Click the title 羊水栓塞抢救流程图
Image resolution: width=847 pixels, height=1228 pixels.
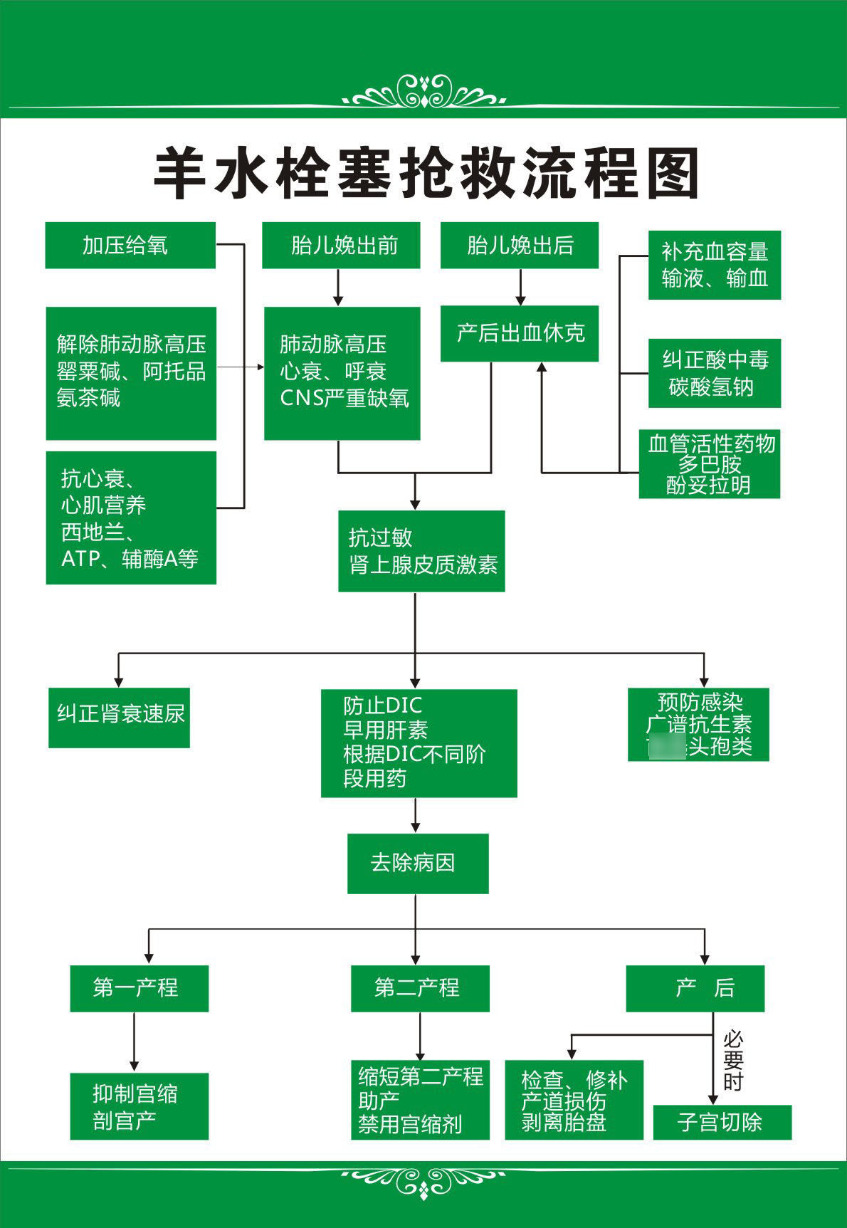pos(426,174)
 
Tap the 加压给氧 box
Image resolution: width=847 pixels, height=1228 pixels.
pos(130,246)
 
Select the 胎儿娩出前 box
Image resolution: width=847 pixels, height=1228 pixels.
pos(341,246)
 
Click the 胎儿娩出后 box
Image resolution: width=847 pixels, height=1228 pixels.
pos(520,246)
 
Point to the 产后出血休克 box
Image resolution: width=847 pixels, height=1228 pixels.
pos(520,333)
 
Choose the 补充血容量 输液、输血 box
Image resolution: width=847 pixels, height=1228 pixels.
pos(715,265)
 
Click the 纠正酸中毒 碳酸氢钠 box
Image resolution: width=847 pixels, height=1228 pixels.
pos(715,373)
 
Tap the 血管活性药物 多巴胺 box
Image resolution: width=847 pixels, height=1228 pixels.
pos(710,464)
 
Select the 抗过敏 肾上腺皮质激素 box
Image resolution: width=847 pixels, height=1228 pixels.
pos(421,551)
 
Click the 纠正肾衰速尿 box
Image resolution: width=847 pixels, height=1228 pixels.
pos(119,717)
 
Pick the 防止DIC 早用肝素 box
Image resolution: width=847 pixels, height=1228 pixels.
pos(419,742)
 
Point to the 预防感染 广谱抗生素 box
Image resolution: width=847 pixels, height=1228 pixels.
pos(698,724)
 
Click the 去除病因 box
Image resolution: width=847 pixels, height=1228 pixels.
pos(418,864)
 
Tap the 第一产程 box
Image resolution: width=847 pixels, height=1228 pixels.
pos(139,988)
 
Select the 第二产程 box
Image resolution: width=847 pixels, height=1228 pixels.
pos(420,988)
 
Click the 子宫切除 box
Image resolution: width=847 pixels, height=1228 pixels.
pos(722,1122)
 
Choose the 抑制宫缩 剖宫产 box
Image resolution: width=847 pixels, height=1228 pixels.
pos(139,1106)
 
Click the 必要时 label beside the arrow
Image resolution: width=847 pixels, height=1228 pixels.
pos(733,1060)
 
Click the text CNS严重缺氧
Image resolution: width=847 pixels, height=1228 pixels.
pos(344,398)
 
